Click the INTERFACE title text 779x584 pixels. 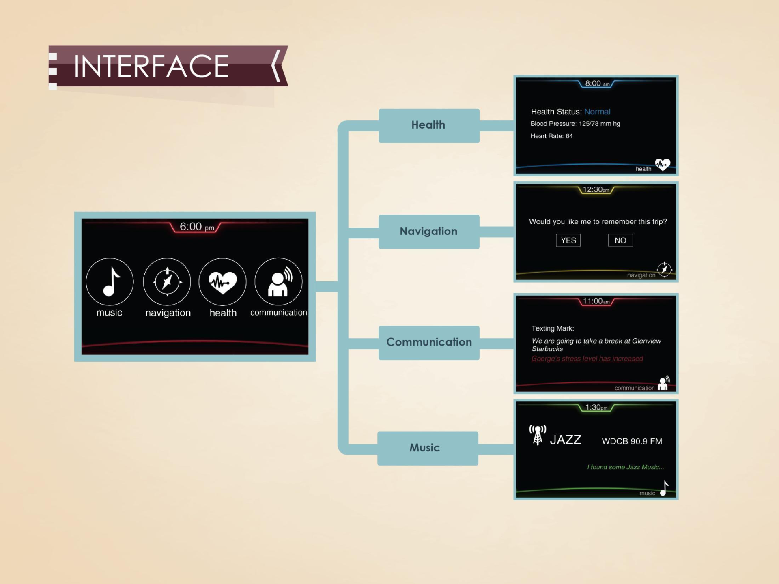pos(151,67)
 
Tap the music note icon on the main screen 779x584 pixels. pos(110,282)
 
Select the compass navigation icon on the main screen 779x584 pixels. pos(167,282)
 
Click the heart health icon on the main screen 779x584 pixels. pos(222,282)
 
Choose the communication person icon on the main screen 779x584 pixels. pos(278,282)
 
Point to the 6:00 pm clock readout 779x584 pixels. pos(196,227)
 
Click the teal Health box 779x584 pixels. pos(429,125)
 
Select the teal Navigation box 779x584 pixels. pos(429,232)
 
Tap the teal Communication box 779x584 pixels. pos(429,343)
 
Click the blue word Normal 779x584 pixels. pos(597,112)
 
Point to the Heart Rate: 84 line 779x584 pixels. pos(551,136)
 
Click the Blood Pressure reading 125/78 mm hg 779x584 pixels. pos(599,124)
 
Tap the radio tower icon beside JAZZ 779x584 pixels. pos(538,435)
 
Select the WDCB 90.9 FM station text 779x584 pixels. pos(632,441)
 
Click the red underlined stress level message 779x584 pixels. pos(587,359)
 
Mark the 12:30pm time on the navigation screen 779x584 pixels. pos(596,190)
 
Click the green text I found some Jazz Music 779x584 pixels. pos(625,467)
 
